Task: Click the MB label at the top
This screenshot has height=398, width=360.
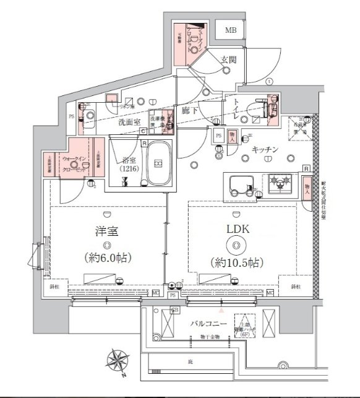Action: pos(230,30)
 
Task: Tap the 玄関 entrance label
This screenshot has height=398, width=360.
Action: pos(228,60)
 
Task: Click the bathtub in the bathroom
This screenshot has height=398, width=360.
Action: pos(158,163)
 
